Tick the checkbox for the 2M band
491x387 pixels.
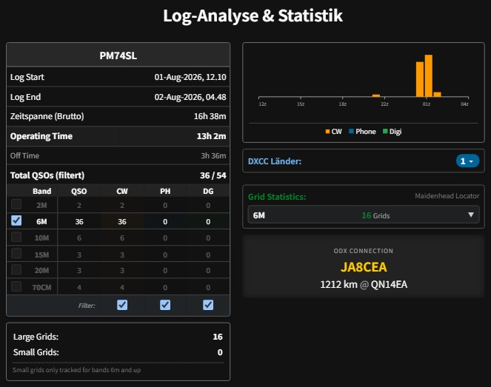[16, 204]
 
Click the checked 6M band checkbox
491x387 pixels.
[16, 221]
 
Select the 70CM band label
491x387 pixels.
[41, 287]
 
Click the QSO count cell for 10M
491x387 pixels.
[79, 238]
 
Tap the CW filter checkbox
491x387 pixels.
[122, 305]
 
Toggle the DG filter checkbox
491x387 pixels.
[208, 305]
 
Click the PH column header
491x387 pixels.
[165, 191]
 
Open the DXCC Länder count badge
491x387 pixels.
[467, 161]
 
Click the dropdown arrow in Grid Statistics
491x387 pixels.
[471, 215]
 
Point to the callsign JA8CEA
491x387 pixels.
[364, 267]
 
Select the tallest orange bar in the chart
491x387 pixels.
[428, 75]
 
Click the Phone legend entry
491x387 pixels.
[362, 132]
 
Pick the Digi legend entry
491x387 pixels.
[392, 132]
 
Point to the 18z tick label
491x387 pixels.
[343, 104]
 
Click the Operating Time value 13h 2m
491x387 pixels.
[211, 136]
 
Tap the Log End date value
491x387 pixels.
[190, 97]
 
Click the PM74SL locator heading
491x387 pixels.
[118, 55]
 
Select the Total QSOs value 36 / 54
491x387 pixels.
[213, 175]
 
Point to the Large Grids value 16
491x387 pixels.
[218, 337]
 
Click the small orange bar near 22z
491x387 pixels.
[376, 95]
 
